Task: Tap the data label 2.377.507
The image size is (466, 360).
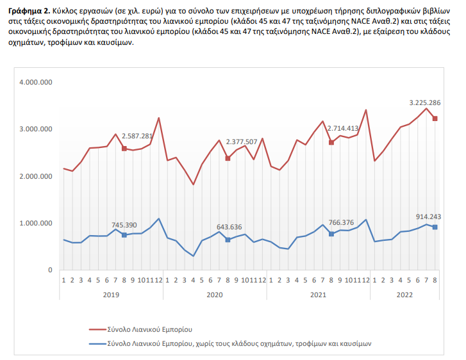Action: tap(241, 142)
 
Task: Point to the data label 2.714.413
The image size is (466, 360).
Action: tap(346, 128)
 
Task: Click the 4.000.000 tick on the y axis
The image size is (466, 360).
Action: tap(36, 82)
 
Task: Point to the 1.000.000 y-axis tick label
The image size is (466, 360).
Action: tap(36, 223)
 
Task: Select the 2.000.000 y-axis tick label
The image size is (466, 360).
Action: tap(36, 176)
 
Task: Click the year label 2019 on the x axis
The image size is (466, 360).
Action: tap(111, 294)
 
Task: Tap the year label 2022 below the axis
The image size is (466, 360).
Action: tap(404, 294)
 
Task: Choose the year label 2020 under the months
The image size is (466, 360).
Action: tap(215, 294)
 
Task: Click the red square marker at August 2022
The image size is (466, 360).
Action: tap(435, 119)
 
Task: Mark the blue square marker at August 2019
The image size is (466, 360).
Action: tap(124, 235)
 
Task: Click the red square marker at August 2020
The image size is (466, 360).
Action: tap(228, 158)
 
